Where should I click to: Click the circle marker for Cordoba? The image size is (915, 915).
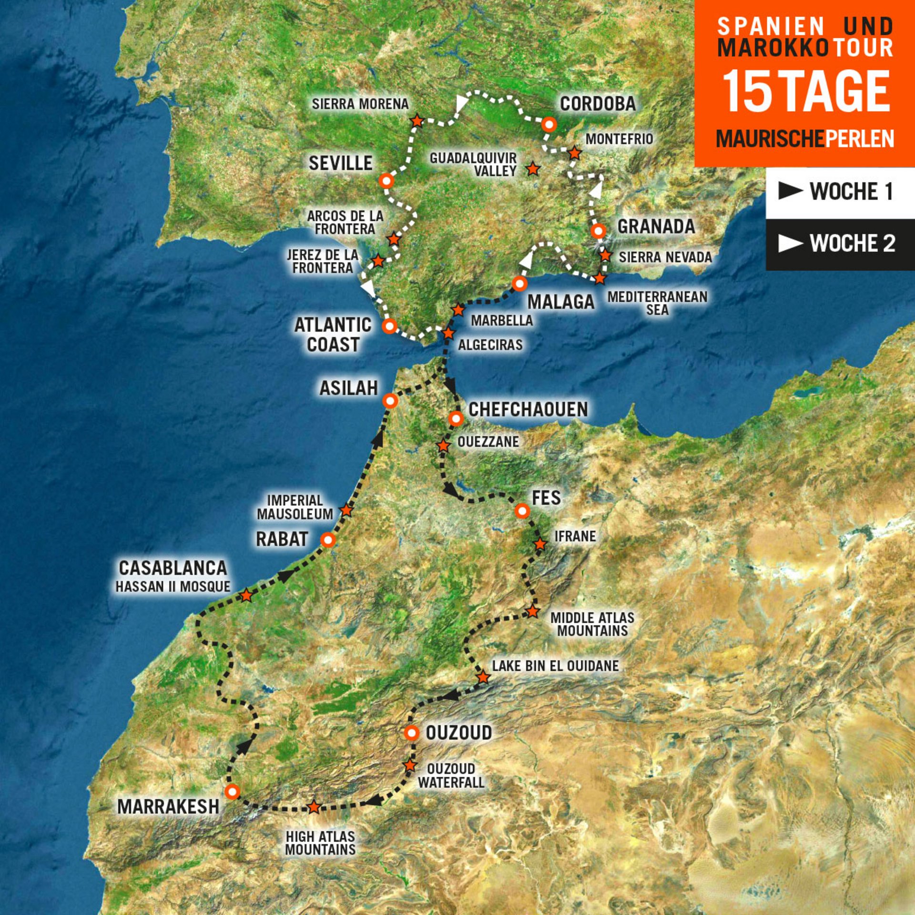pyautogui.click(x=549, y=124)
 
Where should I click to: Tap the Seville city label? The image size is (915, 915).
pyautogui.click(x=340, y=163)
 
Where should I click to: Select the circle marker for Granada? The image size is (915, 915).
pyautogui.click(x=598, y=231)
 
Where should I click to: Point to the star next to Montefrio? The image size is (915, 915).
pyautogui.click(x=575, y=153)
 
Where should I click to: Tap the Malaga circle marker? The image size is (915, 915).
pyautogui.click(x=519, y=284)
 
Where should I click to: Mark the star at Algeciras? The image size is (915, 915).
pyautogui.click(x=448, y=333)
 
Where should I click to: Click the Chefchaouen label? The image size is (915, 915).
pyautogui.click(x=528, y=409)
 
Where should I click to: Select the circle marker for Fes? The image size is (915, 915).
pyautogui.click(x=522, y=511)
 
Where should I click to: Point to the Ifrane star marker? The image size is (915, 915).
pyautogui.click(x=540, y=544)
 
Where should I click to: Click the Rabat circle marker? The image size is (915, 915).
pyautogui.click(x=328, y=540)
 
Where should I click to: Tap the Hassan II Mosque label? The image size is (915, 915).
pyautogui.click(x=173, y=587)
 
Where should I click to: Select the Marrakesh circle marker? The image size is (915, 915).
pyautogui.click(x=232, y=792)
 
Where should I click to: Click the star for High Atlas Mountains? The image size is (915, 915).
pyautogui.click(x=314, y=807)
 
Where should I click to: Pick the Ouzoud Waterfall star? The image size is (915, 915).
pyautogui.click(x=410, y=765)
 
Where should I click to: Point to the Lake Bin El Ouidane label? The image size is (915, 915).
pyautogui.click(x=555, y=666)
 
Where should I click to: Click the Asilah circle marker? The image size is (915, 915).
pyautogui.click(x=390, y=401)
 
